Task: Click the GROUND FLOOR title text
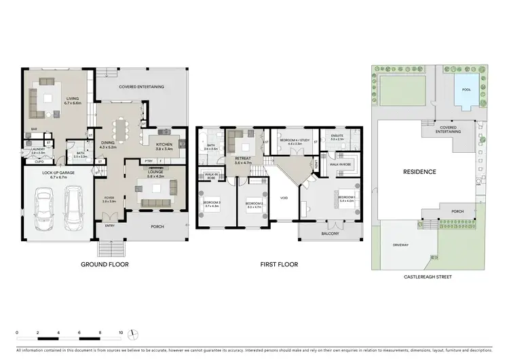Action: [105, 264]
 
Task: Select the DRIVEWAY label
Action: [400, 245]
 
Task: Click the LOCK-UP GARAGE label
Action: [58, 173]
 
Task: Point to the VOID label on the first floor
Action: [284, 198]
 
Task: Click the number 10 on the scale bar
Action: [121, 333]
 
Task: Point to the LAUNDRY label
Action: [37, 151]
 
